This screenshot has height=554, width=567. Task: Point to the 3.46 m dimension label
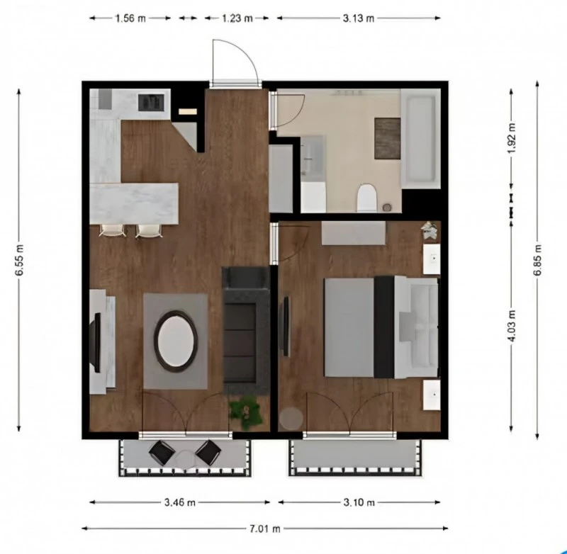coord(180,502)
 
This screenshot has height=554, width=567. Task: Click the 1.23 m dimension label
coord(237,18)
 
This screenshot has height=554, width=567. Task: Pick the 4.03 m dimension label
coord(512,322)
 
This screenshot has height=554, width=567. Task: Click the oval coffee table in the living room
coord(175,341)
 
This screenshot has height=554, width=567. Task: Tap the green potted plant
coord(245,412)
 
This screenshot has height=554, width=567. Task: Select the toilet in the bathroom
coord(366,198)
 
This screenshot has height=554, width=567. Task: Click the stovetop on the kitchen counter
coord(151,102)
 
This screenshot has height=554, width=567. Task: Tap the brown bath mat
coord(388,138)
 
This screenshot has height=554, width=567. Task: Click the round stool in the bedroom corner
coord(291,419)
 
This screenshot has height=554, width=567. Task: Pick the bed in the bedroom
coord(380,327)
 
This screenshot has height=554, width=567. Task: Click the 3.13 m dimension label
coord(358,18)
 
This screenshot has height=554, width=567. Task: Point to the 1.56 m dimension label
coord(130,18)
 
